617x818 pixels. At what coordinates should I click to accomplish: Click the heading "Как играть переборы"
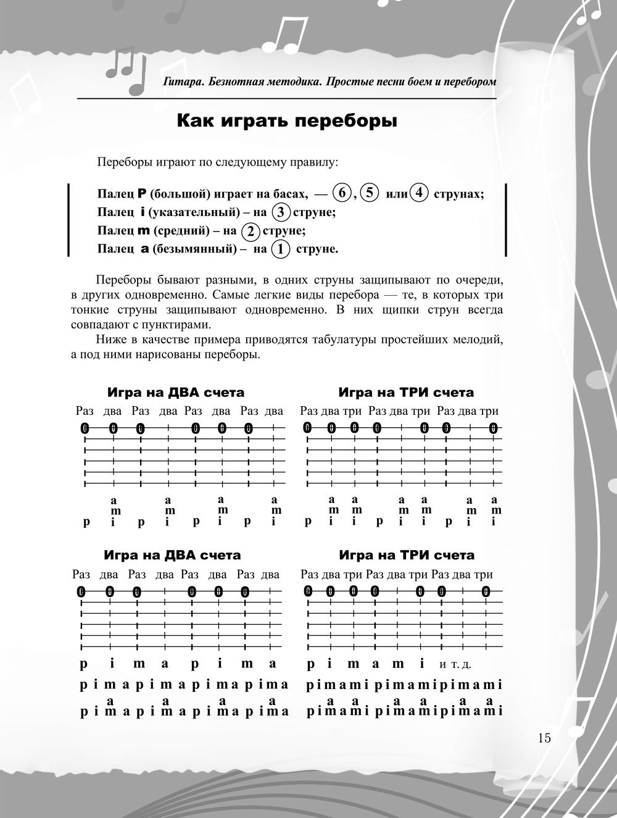pos(287,121)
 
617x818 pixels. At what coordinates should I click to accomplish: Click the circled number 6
pos(341,193)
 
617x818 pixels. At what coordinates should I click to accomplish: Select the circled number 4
pos(419,193)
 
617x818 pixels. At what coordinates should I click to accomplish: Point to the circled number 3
pos(281,212)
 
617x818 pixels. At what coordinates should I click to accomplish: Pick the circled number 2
pos(251,231)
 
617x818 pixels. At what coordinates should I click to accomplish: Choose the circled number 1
pos(281,249)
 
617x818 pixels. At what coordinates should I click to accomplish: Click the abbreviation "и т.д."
pos(455,666)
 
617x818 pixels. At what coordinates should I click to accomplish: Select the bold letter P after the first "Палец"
pos(141,194)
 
